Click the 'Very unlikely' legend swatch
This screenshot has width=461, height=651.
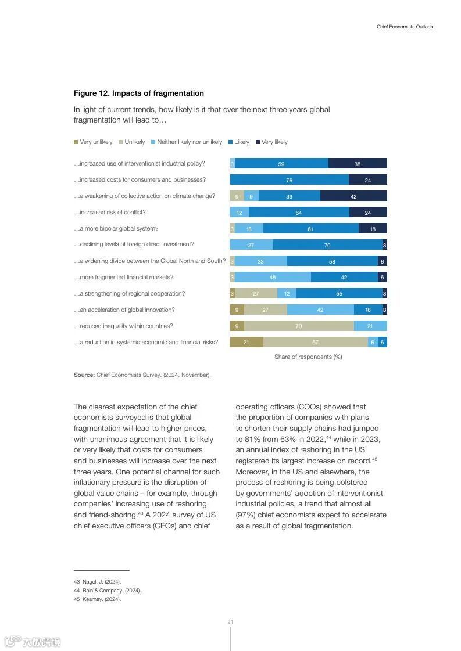(x=76, y=142)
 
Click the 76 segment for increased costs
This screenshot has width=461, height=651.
(x=289, y=180)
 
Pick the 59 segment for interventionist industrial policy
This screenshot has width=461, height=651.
(x=281, y=164)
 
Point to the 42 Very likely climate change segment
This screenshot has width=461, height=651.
(x=353, y=196)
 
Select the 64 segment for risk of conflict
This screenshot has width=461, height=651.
(x=299, y=213)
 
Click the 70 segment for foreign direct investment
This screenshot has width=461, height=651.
(x=327, y=245)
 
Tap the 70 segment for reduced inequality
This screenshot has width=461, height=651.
(x=299, y=326)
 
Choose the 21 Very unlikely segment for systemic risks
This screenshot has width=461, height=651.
(x=246, y=343)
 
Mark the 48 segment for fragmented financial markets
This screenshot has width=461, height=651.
(x=273, y=278)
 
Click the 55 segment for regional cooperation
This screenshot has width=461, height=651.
(x=340, y=294)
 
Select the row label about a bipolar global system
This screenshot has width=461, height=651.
(x=116, y=229)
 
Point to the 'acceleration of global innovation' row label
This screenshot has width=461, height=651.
(x=124, y=310)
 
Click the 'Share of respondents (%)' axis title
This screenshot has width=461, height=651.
(x=308, y=357)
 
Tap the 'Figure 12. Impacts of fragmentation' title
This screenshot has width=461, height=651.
(x=139, y=93)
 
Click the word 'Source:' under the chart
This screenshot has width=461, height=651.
(x=84, y=375)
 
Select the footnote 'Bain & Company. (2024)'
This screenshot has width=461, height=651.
(x=112, y=591)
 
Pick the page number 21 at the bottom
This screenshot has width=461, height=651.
(x=230, y=622)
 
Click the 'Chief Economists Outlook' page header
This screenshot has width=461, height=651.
(x=405, y=27)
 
